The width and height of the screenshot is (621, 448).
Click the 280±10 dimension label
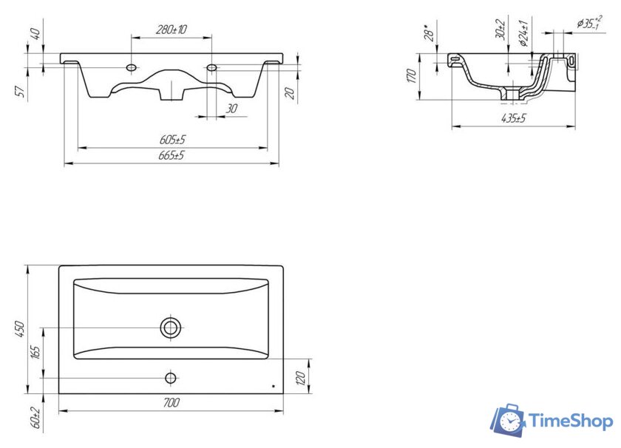(171, 30)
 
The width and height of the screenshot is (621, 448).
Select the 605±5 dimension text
(172, 140)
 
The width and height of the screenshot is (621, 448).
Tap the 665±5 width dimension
(172, 155)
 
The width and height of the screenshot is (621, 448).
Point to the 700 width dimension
(171, 403)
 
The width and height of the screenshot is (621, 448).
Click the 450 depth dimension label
(20, 330)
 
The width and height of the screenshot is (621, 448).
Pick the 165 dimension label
(35, 352)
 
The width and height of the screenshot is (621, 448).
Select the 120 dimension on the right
(301, 379)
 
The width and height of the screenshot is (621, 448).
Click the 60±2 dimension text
(35, 418)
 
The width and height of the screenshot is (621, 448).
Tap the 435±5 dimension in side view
(514, 118)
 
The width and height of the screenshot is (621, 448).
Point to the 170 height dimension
(412, 75)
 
